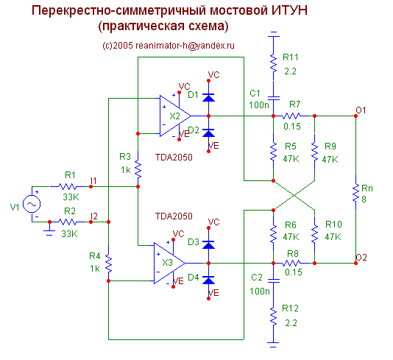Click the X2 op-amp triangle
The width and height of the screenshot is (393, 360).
click(x=175, y=116)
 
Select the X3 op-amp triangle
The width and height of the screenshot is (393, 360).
click(x=169, y=263)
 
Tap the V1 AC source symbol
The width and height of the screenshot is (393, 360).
click(x=32, y=205)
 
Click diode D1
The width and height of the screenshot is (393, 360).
click(x=208, y=97)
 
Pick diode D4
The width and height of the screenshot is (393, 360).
click(x=208, y=280)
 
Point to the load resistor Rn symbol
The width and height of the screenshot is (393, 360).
click(x=355, y=193)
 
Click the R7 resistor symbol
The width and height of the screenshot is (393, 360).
click(x=291, y=116)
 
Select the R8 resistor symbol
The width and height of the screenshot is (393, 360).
click(x=291, y=263)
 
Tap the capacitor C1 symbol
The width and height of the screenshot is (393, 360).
click(x=274, y=98)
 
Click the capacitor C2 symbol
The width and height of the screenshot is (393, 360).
click(x=274, y=280)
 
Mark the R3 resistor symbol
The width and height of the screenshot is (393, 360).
click(x=138, y=169)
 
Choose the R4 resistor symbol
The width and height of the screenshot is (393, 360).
click(x=108, y=264)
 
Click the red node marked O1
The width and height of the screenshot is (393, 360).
click(x=355, y=116)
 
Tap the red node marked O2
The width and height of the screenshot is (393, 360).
click(x=355, y=263)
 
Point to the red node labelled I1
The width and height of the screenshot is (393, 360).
click(x=91, y=186)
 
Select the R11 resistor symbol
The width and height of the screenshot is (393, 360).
click(x=274, y=63)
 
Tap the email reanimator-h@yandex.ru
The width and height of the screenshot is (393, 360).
click(x=185, y=46)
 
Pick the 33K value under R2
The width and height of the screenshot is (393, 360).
click(x=69, y=234)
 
